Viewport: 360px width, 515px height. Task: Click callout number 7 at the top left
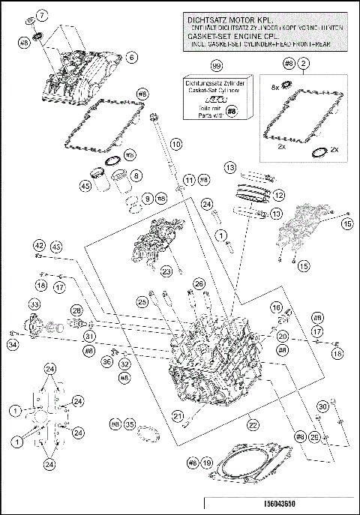41,15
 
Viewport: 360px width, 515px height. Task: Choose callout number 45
86,187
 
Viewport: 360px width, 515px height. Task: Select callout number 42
38,245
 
